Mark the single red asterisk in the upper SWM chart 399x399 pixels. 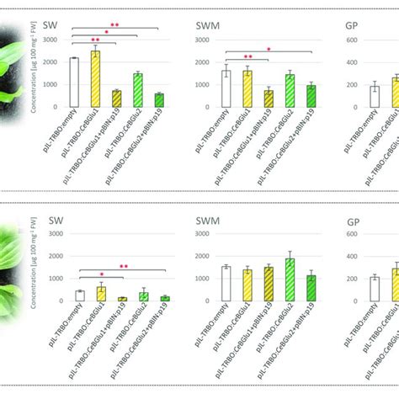coord(268,48)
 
